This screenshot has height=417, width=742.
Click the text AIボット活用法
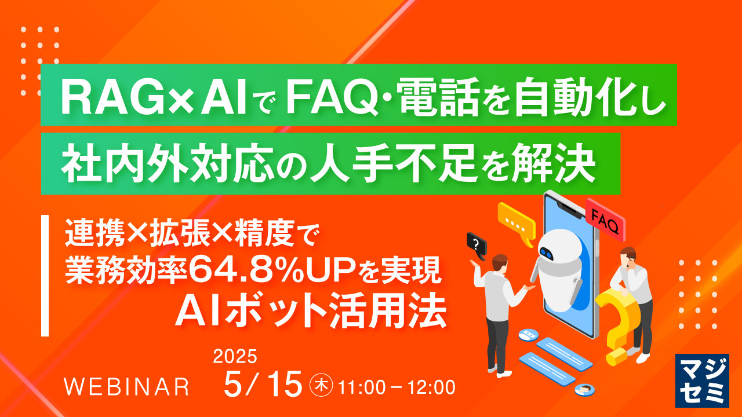(x=311, y=312)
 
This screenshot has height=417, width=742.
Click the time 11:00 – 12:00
(x=398, y=385)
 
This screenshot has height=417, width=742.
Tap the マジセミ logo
(x=703, y=379)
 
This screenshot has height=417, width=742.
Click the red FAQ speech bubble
(x=605, y=218)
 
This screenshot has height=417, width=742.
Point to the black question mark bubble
(x=476, y=243)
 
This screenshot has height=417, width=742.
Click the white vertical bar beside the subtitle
(x=45, y=276)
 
